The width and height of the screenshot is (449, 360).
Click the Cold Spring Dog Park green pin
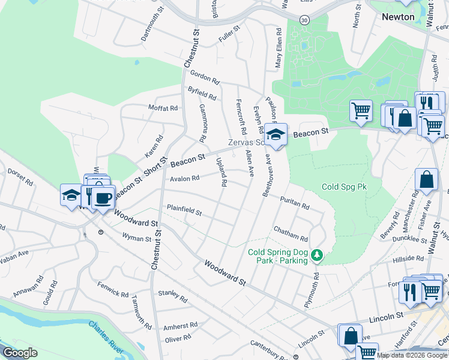click(317, 256)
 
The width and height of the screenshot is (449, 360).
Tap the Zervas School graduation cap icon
click(276, 134)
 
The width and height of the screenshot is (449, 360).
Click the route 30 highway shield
click(306, 20)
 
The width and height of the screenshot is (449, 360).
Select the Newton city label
click(398, 17)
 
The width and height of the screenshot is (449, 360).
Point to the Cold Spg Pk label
click(344, 187)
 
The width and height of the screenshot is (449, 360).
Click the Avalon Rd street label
click(184, 179)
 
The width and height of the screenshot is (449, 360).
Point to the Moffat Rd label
click(163, 109)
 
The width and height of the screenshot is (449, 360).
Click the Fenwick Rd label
click(113, 293)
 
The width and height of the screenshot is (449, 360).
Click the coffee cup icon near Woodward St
click(103, 197)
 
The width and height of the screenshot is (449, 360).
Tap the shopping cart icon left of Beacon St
click(361, 111)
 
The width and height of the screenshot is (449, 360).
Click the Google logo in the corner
click(19, 353)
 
